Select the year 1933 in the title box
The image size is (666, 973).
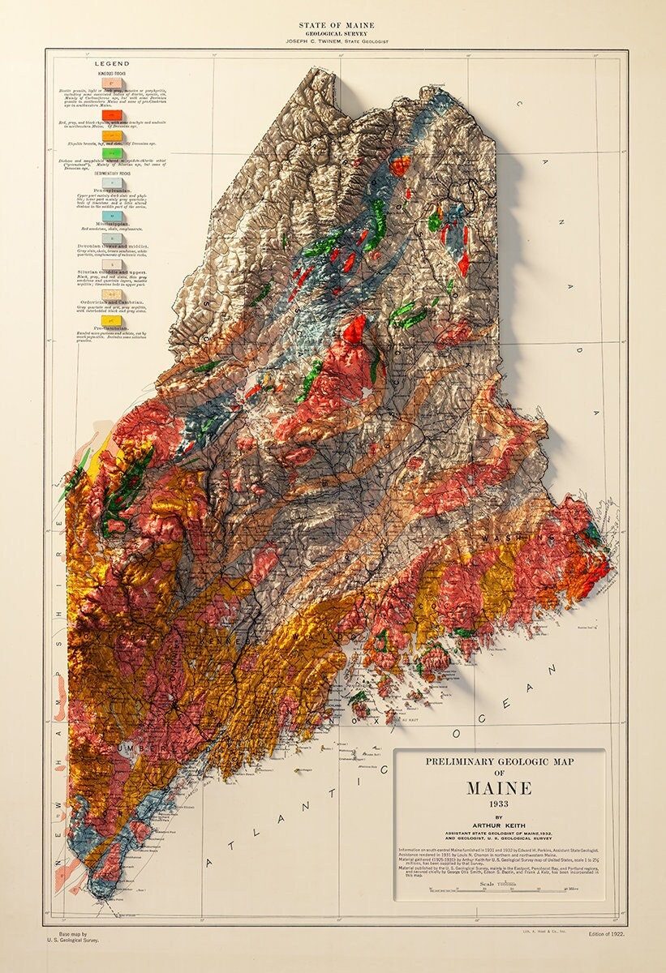pos(499,804)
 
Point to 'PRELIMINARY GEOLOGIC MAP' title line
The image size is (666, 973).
pos(499,761)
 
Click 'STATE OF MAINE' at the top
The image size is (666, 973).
pos(333,26)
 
